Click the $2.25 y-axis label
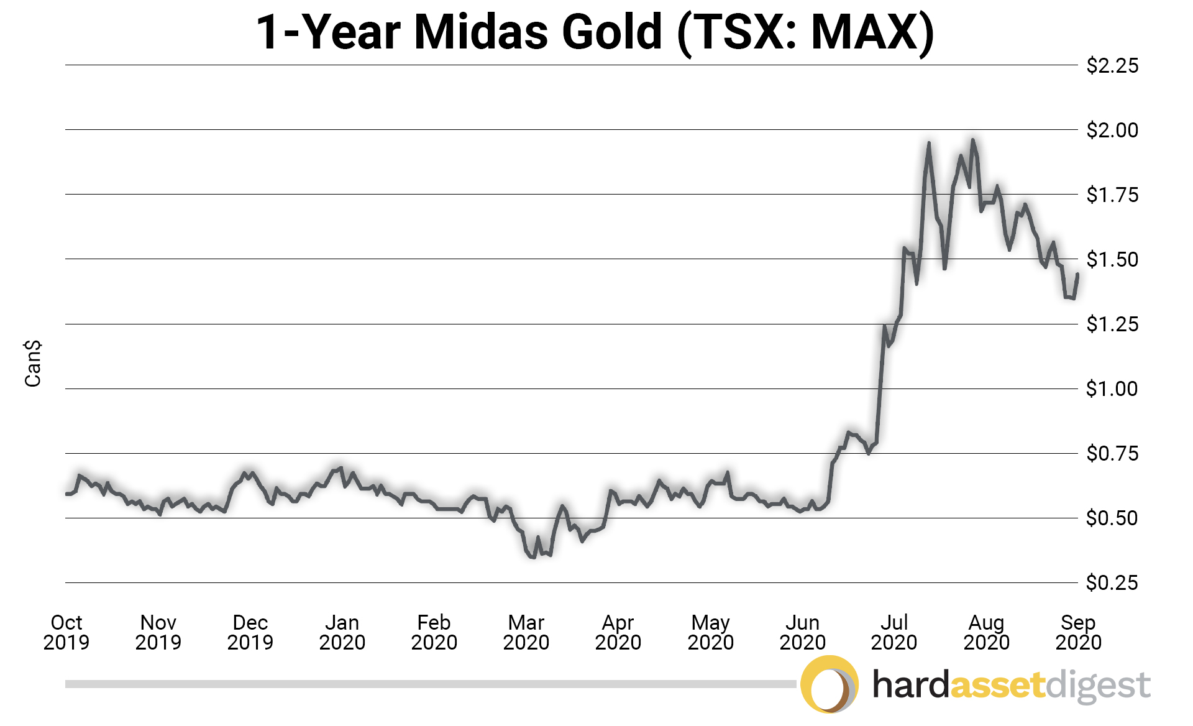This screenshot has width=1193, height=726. point(1112,65)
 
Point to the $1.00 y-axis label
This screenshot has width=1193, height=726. point(1112,389)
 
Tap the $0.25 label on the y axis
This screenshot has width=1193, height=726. point(1112,583)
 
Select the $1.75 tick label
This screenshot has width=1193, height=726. point(1112,195)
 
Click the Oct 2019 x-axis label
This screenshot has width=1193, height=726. point(66,632)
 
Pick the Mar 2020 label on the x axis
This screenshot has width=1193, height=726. point(526,632)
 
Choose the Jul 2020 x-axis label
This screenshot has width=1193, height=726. point(894,632)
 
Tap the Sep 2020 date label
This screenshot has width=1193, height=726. point(1078,632)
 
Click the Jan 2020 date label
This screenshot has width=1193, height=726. point(342,632)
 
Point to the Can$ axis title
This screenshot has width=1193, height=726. point(32,363)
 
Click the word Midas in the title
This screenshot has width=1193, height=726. point(481,32)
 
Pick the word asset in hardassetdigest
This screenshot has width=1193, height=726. point(997,685)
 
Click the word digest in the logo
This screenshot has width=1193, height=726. point(1097,686)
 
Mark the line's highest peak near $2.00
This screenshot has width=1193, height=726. point(973,140)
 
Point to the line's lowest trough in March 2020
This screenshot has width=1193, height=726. point(532,557)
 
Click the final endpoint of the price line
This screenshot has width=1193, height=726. point(1077,274)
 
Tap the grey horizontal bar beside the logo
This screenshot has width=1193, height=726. point(429,684)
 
